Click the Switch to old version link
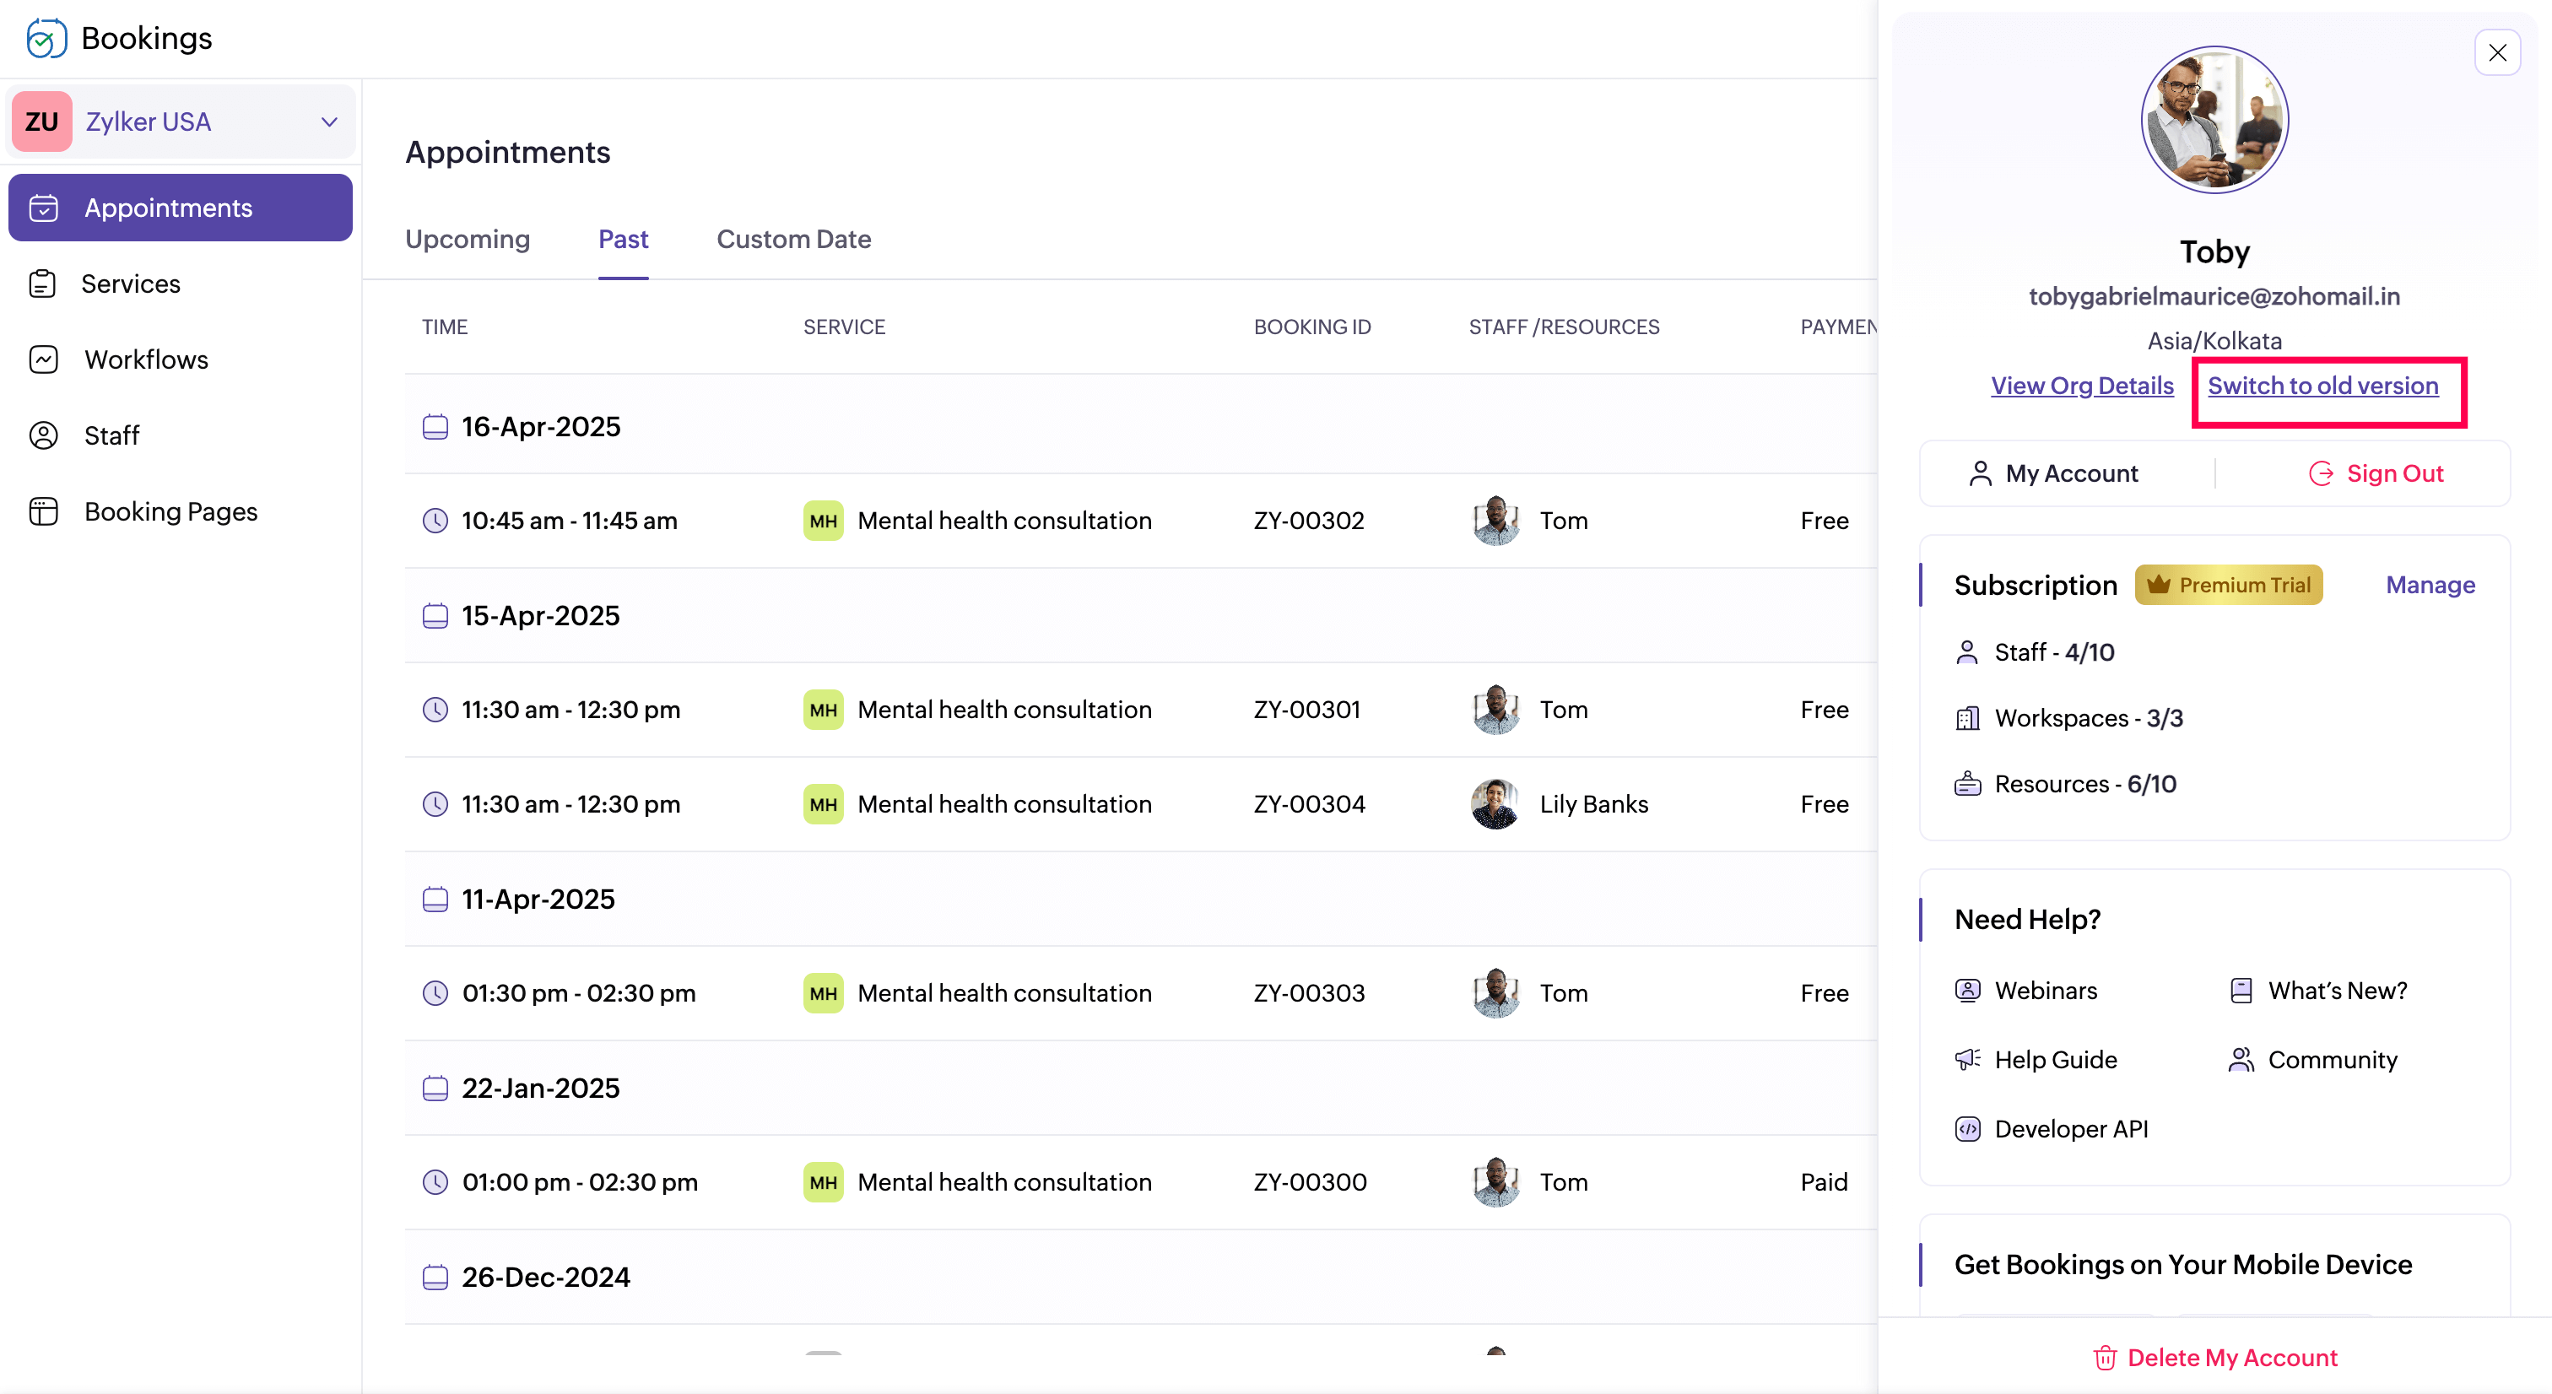click(x=2322, y=386)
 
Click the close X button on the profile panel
click(x=2496, y=52)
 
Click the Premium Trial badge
click(x=2228, y=586)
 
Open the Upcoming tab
click(x=468, y=240)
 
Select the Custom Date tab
click(x=793, y=240)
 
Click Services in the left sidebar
click(x=131, y=284)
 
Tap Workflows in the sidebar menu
click(x=146, y=359)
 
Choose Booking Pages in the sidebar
click(x=170, y=512)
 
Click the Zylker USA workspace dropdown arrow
click(x=330, y=122)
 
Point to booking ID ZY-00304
click(x=1309, y=804)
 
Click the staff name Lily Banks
click(x=1593, y=804)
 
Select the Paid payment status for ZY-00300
click(x=1824, y=1183)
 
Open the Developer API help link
click(x=2070, y=1130)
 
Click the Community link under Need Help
click(x=2332, y=1060)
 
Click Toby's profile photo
click(x=2214, y=120)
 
